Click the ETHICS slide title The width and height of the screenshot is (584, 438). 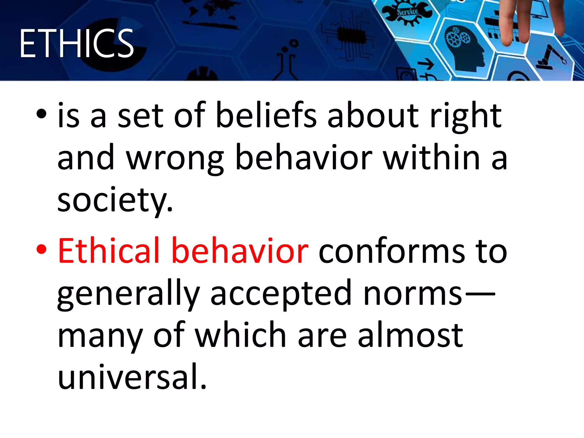[x=76, y=43]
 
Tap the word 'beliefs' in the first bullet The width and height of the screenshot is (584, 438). [x=266, y=115]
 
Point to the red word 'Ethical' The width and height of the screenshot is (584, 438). [x=109, y=251]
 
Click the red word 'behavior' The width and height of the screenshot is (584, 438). [x=240, y=251]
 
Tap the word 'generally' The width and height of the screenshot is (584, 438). [x=128, y=294]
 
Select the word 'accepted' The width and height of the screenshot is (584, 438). [x=281, y=294]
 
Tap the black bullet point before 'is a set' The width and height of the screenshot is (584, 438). [x=41, y=114]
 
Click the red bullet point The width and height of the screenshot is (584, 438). [x=41, y=249]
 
